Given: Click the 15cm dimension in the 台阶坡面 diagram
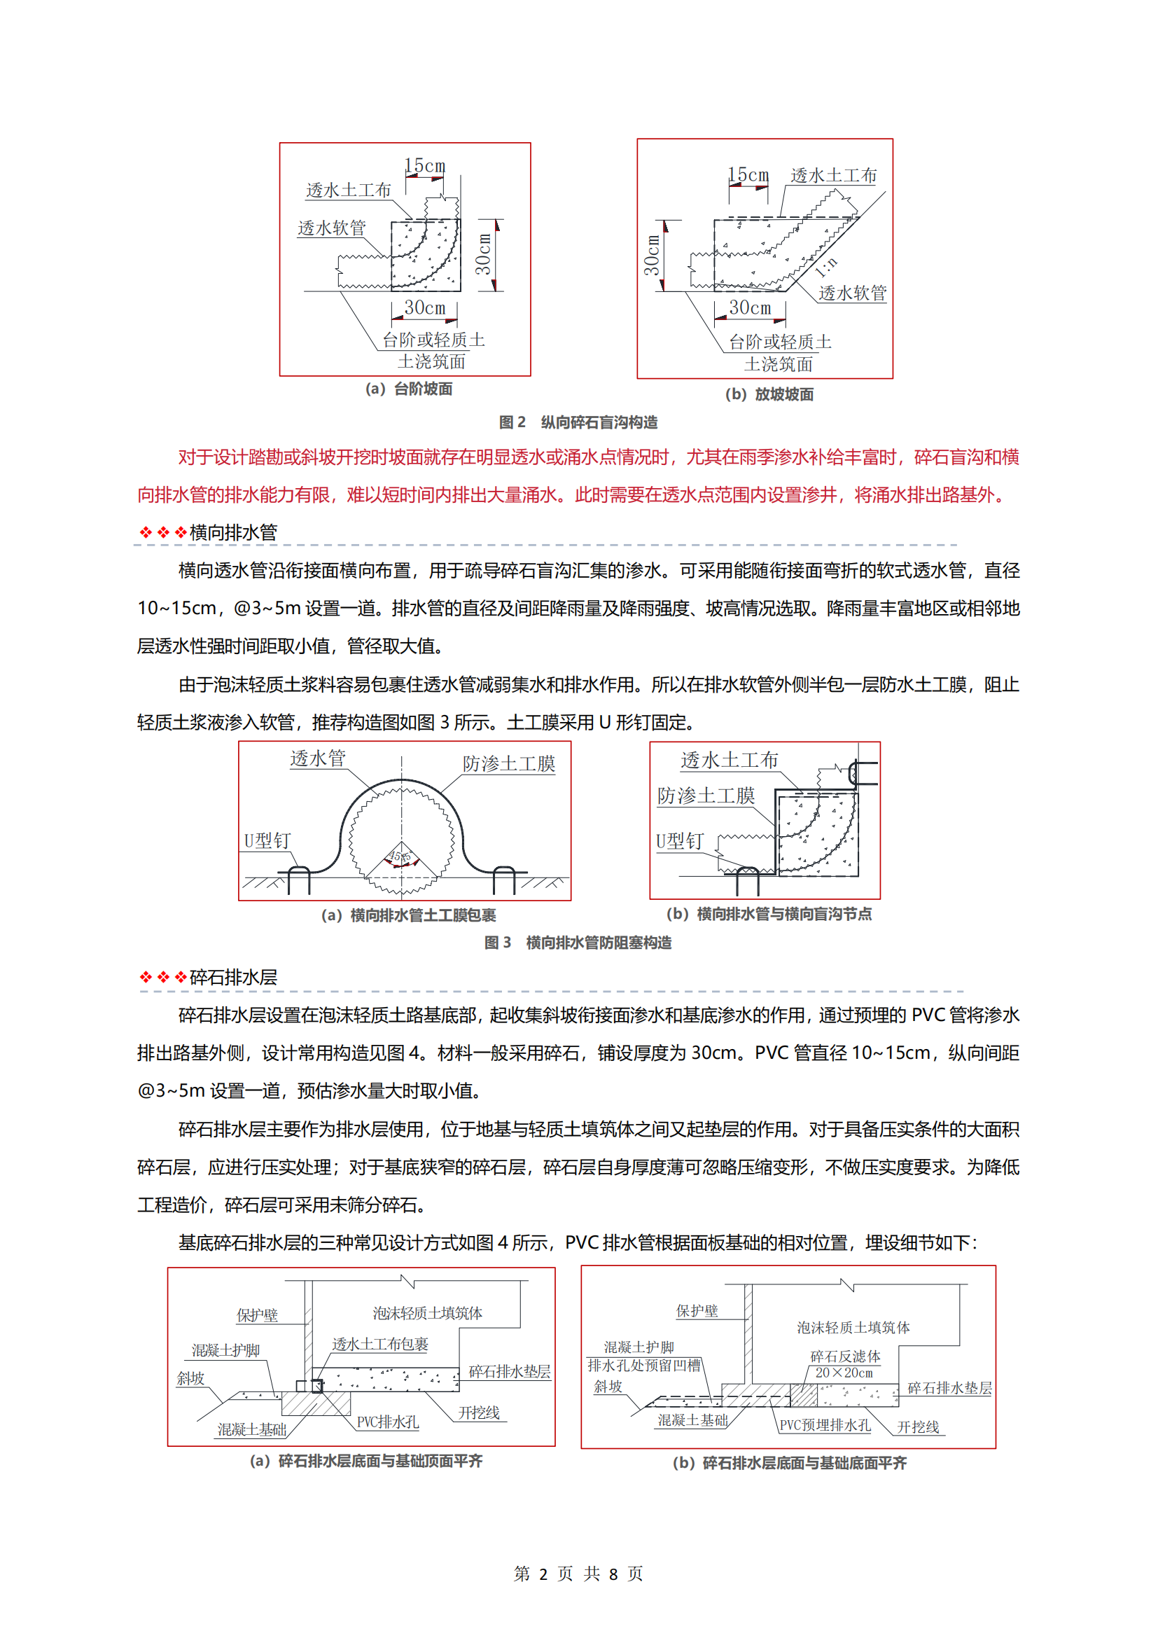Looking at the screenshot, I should coord(425,165).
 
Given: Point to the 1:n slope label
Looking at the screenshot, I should coord(826,268).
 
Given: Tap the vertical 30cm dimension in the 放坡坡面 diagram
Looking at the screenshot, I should coord(652,255).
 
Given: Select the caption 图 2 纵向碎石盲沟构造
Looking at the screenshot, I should coord(578,422).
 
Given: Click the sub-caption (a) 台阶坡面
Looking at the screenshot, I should coord(409,389).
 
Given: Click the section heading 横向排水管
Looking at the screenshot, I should coord(233,532).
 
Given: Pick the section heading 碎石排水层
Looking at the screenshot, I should coord(233,978).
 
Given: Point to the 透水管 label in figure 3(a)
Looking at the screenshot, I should coord(317,758).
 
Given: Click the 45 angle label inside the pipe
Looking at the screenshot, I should coord(400,856).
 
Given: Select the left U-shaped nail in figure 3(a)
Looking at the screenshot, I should coord(299,879).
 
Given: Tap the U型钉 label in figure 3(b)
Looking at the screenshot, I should coord(680,842).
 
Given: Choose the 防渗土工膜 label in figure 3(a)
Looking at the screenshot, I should coord(508,764).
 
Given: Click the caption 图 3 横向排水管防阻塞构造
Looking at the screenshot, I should coord(578,943).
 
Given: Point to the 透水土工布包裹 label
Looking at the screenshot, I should coord(380,1344).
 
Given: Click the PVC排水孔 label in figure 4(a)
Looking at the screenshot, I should coord(387,1422).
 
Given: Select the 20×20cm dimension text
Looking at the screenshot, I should coord(844,1373).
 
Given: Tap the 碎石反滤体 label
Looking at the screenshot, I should coord(845,1356).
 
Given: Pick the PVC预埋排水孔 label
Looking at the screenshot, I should coord(824,1425).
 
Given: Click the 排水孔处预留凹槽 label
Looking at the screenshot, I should coord(644,1366).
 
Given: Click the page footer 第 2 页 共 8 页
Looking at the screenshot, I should coord(578,1574).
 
